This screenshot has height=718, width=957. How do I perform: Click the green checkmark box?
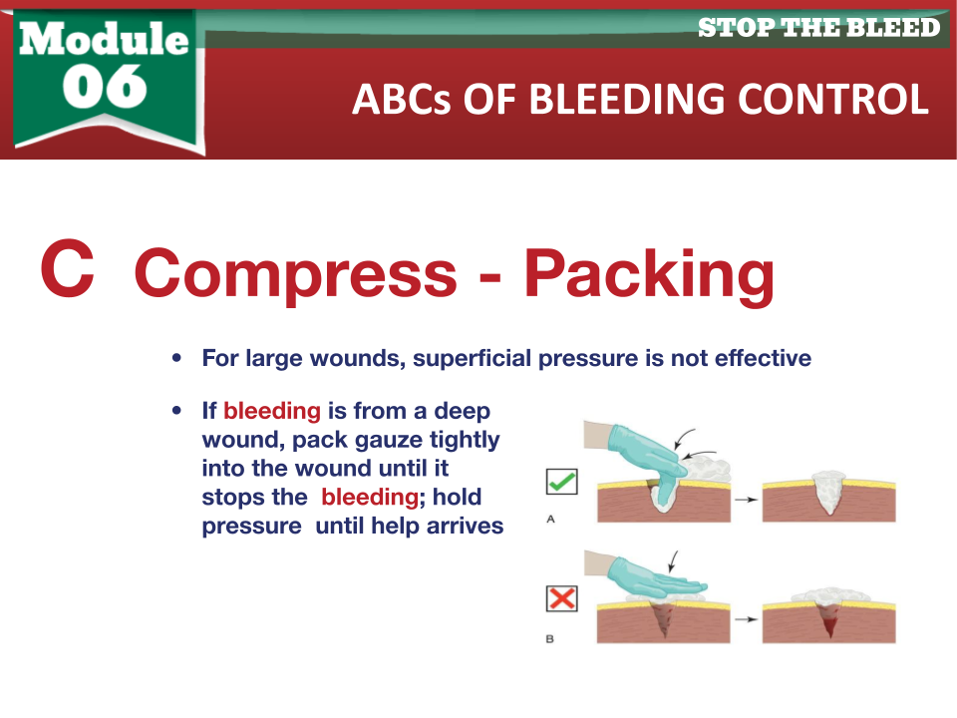[x=561, y=482]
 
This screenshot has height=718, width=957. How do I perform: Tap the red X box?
[x=561, y=598]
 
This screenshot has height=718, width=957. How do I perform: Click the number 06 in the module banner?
[x=105, y=87]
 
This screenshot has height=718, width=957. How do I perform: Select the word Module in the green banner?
[x=104, y=38]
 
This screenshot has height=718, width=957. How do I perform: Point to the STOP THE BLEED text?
[x=819, y=28]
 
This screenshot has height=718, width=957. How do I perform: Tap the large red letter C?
[x=68, y=268]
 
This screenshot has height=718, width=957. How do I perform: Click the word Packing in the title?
[x=649, y=275]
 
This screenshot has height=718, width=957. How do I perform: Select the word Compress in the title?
[x=295, y=275]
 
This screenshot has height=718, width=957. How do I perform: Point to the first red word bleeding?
[x=272, y=412]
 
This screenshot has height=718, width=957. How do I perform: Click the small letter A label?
[x=550, y=519]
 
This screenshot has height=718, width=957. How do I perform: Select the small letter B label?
[x=550, y=638]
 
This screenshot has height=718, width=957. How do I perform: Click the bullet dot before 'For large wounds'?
[x=177, y=358]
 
